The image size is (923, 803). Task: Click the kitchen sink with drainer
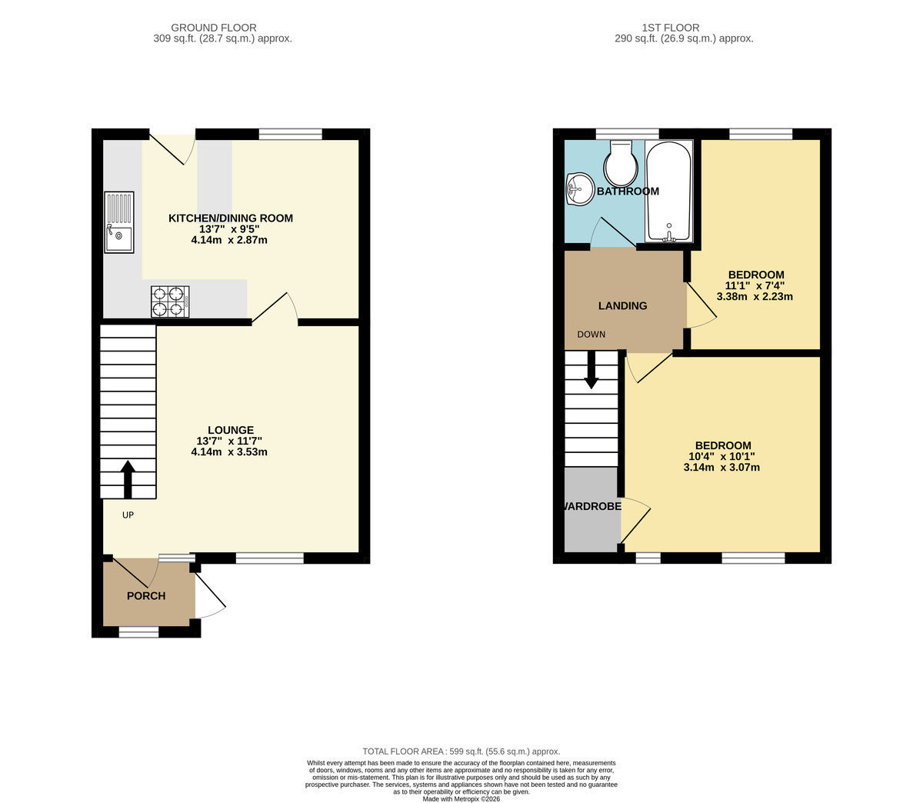tap(119, 222)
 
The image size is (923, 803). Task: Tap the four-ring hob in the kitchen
tap(170, 301)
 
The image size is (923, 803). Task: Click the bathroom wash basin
tap(578, 188)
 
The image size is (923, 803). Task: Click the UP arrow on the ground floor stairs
tap(128, 479)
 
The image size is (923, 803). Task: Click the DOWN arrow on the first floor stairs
tap(591, 370)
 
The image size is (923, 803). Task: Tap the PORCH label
tap(146, 595)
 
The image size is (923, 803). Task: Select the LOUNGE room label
tap(230, 430)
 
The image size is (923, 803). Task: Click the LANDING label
tap(622, 305)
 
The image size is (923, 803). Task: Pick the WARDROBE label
tap(591, 507)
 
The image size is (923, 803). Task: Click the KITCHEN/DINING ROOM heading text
tap(230, 218)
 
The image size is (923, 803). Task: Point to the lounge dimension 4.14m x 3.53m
tap(229, 452)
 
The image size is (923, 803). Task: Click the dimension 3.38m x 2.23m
tap(754, 297)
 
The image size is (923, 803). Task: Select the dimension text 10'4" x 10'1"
tap(721, 456)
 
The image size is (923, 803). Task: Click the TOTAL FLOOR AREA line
tap(461, 751)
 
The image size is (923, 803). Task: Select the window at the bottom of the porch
tap(138, 632)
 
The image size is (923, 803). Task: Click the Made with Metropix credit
tap(461, 798)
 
